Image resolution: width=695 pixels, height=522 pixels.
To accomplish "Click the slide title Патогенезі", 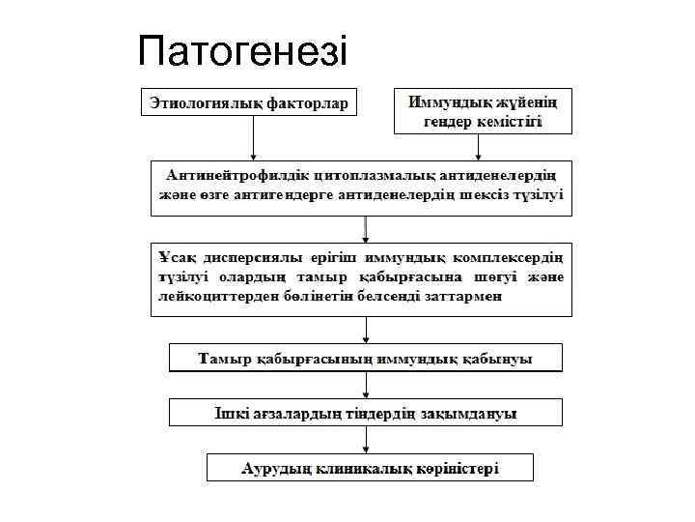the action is [241, 50].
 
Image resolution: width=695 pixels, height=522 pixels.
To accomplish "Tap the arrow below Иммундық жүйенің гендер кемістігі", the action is [479, 145].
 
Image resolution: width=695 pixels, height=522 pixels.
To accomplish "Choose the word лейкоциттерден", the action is [213, 297].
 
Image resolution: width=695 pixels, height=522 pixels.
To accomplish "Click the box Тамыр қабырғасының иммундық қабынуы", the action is [365, 358].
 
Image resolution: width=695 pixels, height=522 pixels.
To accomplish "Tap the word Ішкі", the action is [229, 414].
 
